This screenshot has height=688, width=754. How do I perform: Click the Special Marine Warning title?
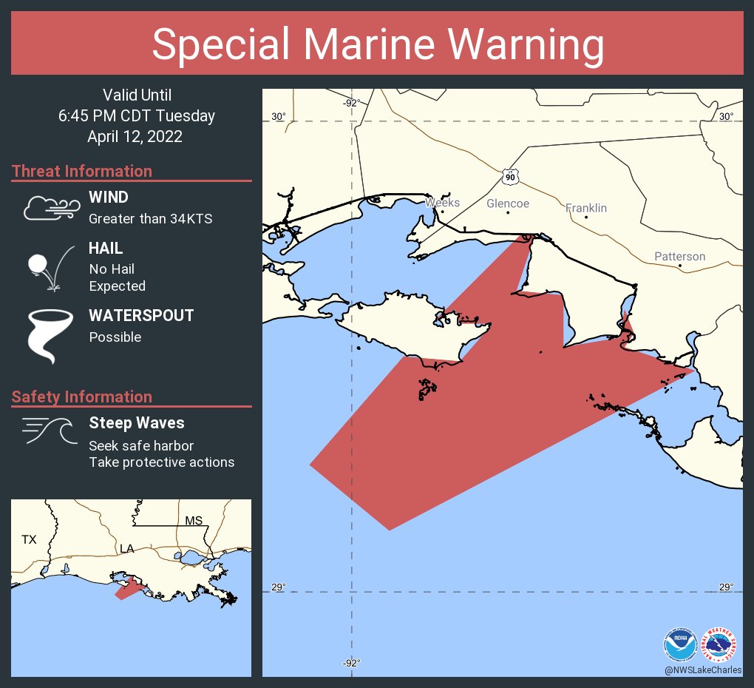pos(378,44)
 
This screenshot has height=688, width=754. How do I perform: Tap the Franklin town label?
pos(586,208)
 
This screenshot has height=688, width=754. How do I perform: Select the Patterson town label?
pos(679,257)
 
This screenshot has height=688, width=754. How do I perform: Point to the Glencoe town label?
pos(508,203)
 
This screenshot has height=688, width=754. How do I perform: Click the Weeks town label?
pos(443,203)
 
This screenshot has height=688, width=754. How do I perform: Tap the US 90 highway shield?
pos(510,177)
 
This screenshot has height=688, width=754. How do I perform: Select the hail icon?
pos(49,268)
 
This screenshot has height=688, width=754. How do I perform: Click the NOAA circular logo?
pos(680,644)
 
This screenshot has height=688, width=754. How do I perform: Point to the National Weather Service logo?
pos(720,644)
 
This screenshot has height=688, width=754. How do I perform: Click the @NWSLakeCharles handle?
pos(702,670)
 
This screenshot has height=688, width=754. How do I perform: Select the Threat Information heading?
pos(82,172)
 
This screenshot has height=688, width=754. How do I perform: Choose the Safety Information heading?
pos(82,397)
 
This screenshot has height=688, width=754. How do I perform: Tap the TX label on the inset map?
pos(29,540)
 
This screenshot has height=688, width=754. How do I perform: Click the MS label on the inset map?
pos(194,521)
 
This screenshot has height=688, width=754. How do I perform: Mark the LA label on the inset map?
pos(127,549)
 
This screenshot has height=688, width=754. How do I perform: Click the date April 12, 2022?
pos(135,136)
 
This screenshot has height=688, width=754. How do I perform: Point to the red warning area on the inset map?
pos(127,589)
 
